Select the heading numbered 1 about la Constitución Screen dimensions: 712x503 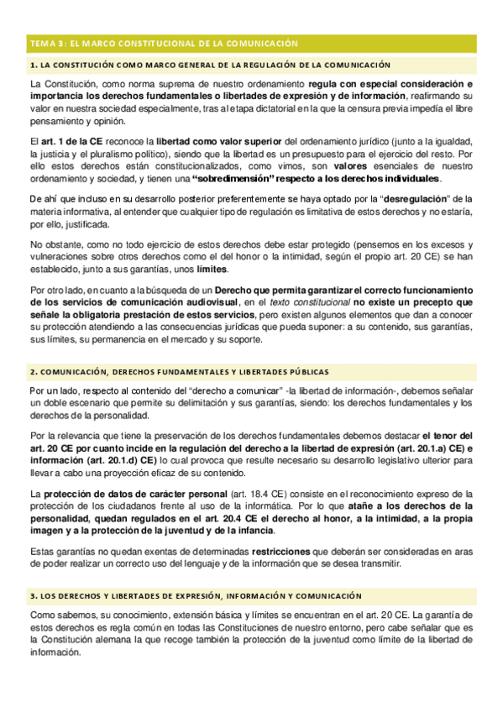click(210, 65)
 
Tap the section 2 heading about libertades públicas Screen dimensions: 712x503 click(179, 371)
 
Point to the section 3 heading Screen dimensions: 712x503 click(195, 595)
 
